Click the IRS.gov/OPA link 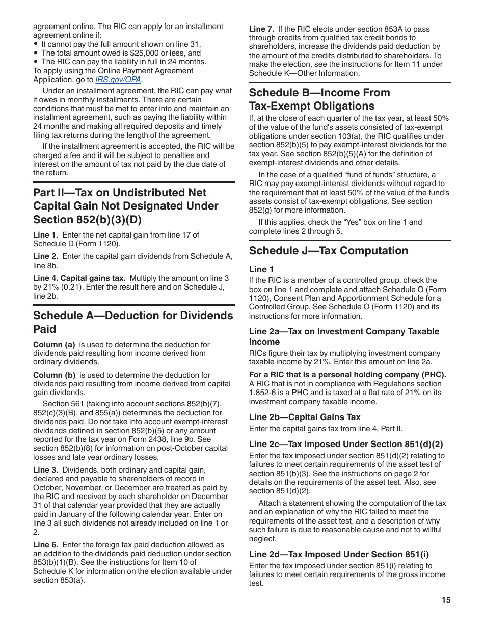point(119,80)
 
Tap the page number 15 point(446,600)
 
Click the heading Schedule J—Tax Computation point(329,251)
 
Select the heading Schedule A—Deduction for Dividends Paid point(133,322)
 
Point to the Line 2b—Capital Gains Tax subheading point(305,417)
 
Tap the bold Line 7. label point(261,29)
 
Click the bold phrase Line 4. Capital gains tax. point(79,278)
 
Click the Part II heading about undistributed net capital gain point(126,206)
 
